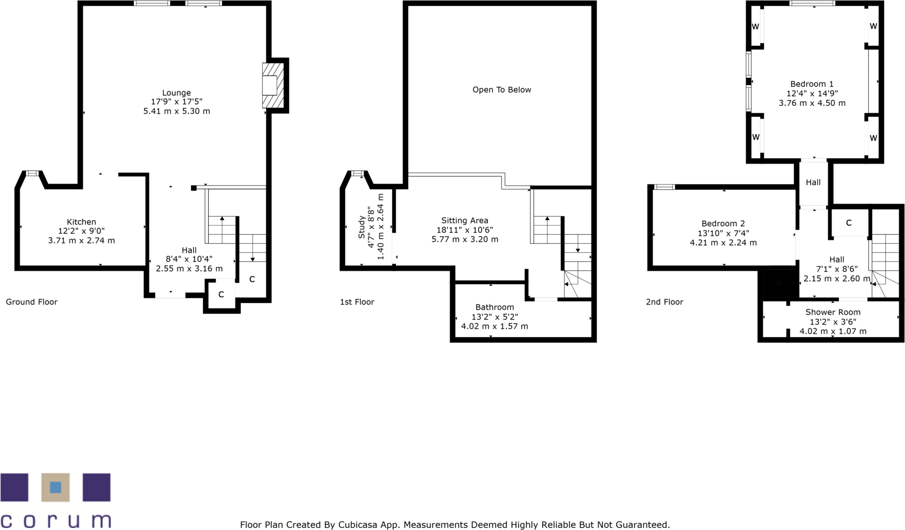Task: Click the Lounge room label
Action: point(177,93)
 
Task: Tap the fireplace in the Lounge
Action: point(272,85)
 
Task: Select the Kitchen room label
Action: point(81,222)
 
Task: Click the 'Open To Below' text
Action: point(501,90)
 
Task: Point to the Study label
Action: point(362,227)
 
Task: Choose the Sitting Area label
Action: point(465,220)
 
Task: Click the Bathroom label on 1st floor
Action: point(494,307)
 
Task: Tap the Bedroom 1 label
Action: point(812,84)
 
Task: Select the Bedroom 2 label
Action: point(723,223)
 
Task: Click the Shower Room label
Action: point(833,312)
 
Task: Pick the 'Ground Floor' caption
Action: point(32,302)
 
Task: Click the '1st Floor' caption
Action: point(357,302)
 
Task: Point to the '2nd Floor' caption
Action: point(664,302)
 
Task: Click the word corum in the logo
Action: point(56,521)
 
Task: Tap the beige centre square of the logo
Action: point(56,487)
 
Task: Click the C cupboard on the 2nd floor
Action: point(848,223)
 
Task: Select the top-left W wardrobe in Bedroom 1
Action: point(755,27)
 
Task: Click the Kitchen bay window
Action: point(32,173)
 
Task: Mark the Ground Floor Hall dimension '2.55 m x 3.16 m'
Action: point(189,268)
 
